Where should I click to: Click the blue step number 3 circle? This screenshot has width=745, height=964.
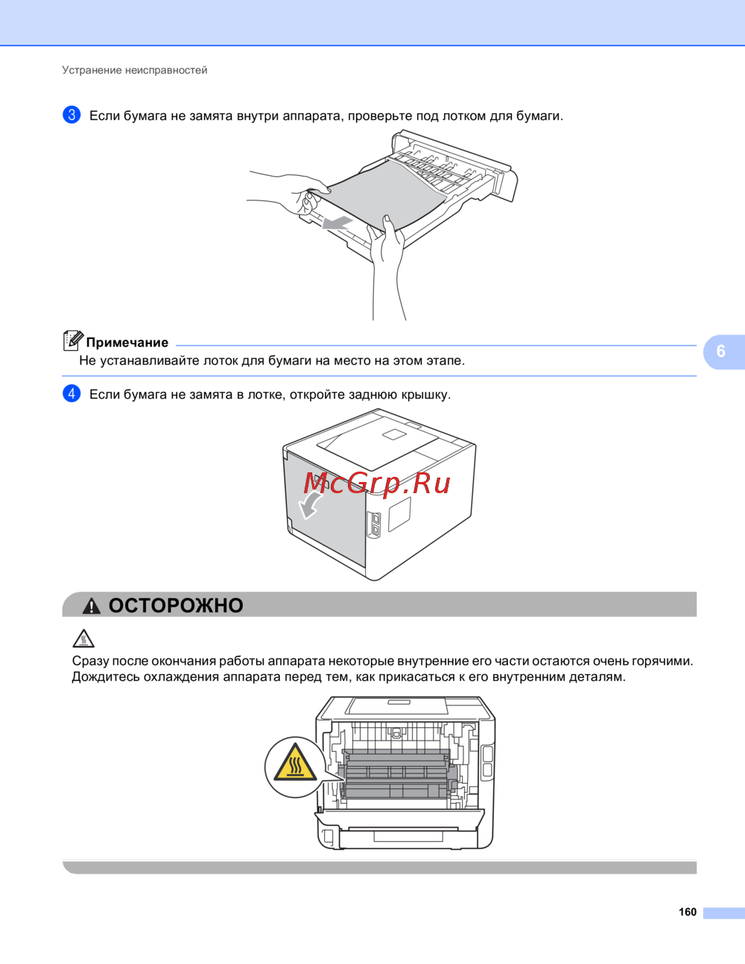(x=72, y=115)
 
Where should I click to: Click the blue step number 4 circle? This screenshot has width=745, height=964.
(x=72, y=393)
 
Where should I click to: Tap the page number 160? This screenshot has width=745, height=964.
(x=688, y=912)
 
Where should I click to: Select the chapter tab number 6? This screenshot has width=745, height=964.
(x=720, y=352)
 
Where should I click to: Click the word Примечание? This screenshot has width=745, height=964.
(x=127, y=343)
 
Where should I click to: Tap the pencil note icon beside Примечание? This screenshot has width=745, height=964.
(x=73, y=340)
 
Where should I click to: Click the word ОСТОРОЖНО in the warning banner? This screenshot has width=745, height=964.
(x=176, y=605)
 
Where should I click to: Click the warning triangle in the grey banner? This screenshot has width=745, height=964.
(x=92, y=606)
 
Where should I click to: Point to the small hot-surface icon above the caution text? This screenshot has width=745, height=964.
(x=83, y=638)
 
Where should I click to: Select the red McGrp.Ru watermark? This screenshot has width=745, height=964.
(x=377, y=483)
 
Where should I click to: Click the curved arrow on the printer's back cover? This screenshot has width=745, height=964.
(x=310, y=505)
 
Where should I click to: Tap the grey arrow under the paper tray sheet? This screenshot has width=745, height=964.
(x=337, y=223)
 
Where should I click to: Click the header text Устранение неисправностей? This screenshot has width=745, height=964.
(x=134, y=70)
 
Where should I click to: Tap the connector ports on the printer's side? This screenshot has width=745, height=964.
(x=374, y=525)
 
